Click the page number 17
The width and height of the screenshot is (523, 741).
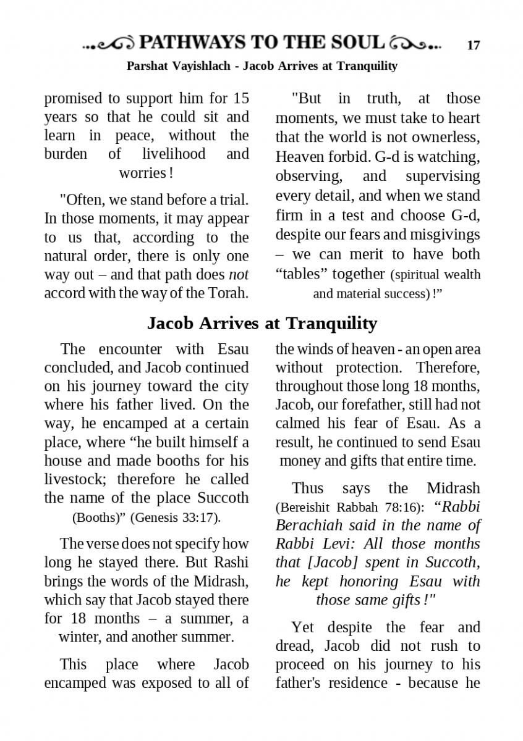[x=473, y=45]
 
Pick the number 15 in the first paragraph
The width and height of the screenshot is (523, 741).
[x=241, y=98]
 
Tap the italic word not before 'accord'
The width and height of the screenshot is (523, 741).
[x=239, y=274]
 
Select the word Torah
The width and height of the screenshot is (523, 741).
[x=228, y=292]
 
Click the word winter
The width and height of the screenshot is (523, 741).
[x=77, y=637]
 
